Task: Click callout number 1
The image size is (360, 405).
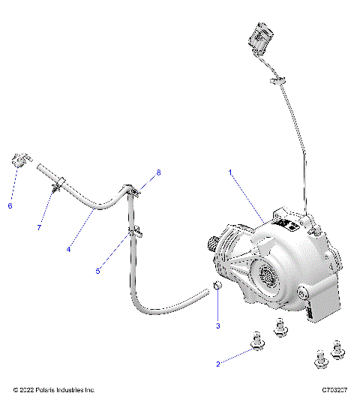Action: [230, 172]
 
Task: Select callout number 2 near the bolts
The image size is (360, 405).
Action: [218, 364]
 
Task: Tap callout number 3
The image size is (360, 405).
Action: [218, 325]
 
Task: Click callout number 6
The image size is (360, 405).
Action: [10, 205]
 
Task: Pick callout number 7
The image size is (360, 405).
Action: [39, 227]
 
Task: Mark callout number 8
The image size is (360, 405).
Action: [158, 172]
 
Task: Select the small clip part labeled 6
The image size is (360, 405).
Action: [20, 160]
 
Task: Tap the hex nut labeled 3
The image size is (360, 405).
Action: [215, 286]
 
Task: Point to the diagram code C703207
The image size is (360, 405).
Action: [336, 391]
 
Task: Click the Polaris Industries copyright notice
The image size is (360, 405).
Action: [54, 391]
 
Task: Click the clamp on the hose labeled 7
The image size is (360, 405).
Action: [56, 182]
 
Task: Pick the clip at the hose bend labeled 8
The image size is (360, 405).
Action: [134, 191]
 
